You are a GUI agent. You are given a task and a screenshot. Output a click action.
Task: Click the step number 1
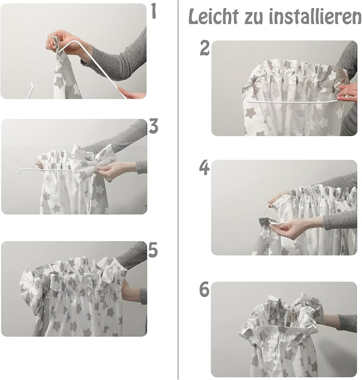154,11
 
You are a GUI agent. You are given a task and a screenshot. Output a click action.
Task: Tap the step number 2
205,48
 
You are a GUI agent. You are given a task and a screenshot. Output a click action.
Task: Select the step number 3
153,126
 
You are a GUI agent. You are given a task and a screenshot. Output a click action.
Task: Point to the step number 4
204,168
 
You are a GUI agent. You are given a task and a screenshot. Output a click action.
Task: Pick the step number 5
153,250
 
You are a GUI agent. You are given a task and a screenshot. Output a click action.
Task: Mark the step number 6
204,289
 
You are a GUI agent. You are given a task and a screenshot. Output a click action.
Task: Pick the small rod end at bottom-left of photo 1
30,91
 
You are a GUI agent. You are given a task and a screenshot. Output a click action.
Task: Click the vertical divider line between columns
178,190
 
